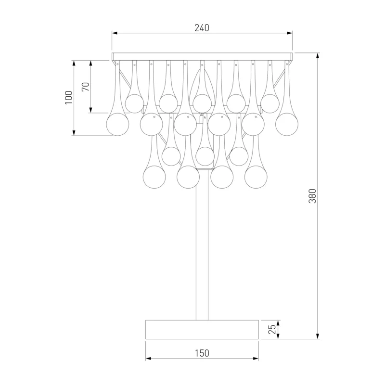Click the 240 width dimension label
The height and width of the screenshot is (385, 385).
(x=202, y=28)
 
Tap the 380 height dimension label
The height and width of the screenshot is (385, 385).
(x=312, y=196)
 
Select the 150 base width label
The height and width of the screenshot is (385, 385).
(x=202, y=353)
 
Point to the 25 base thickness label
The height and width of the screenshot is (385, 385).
(x=272, y=329)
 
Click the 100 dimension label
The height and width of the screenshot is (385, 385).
(x=69, y=98)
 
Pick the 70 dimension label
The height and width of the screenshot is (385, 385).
(x=86, y=87)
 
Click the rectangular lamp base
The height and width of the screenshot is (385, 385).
(x=202, y=330)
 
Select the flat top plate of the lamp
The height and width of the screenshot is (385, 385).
(x=202, y=56)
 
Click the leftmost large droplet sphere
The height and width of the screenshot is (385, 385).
(x=117, y=124)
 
